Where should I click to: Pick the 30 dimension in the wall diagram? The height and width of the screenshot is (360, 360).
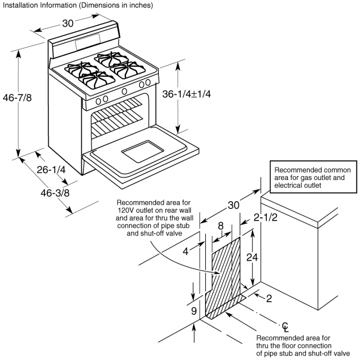[x=233, y=206]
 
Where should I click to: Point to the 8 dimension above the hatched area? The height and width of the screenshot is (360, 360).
[x=220, y=225]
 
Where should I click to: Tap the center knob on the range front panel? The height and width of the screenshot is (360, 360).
[x=124, y=91]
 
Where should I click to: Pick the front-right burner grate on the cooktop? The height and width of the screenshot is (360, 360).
[x=127, y=68]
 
